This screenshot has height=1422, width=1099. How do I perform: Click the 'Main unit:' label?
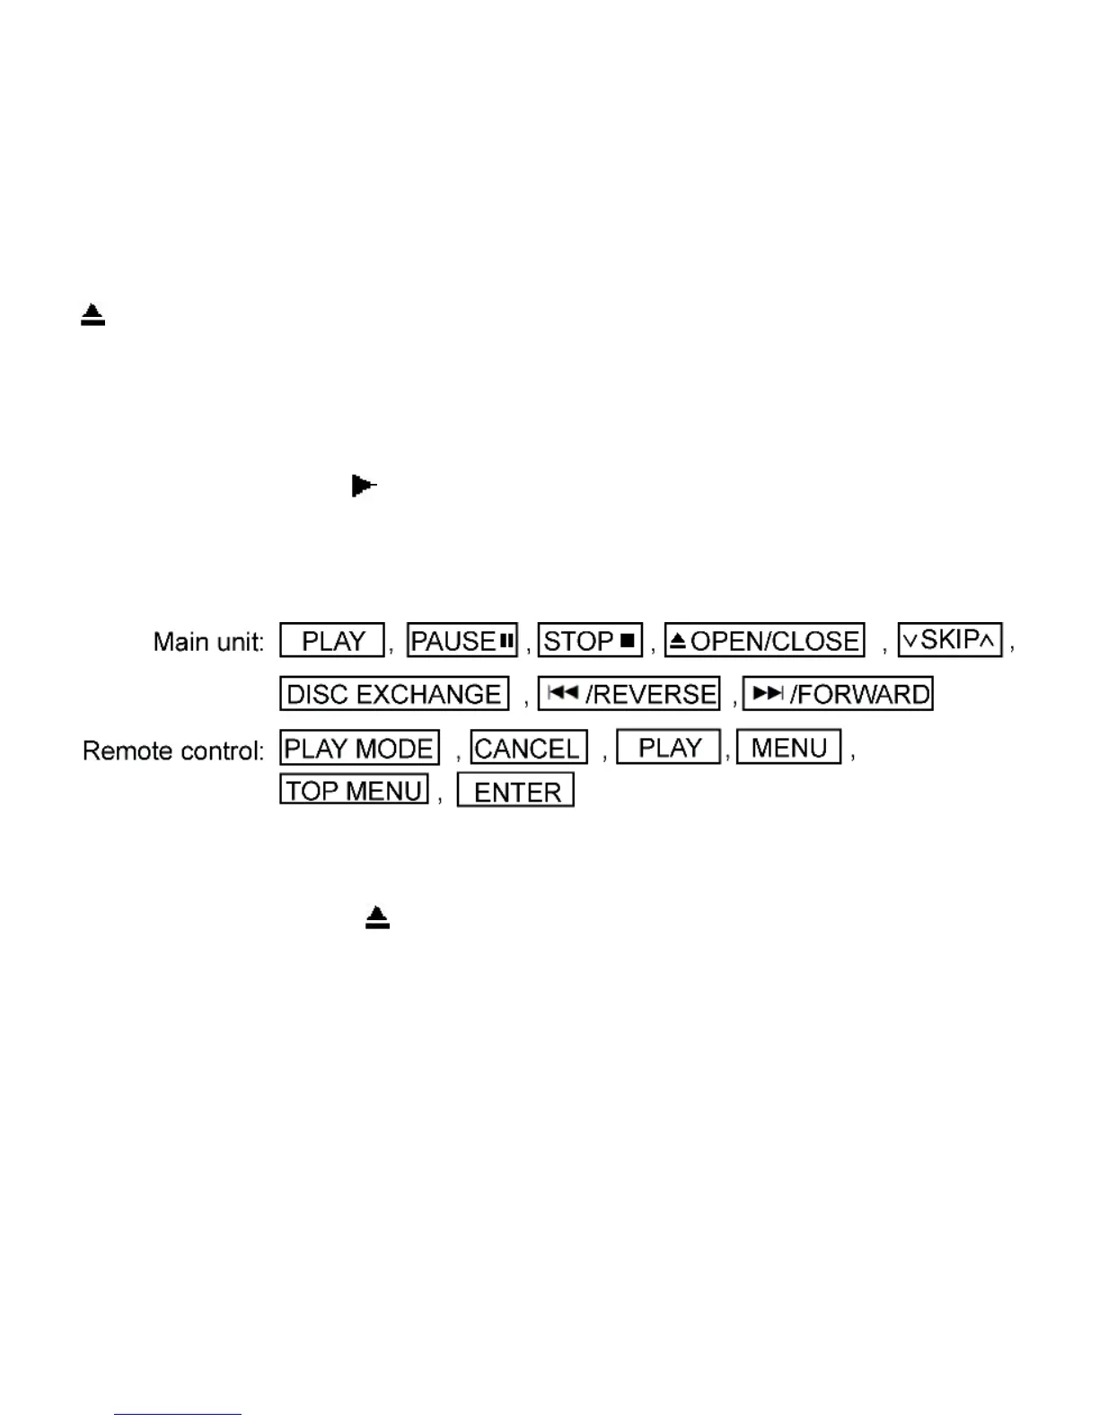coord(208,642)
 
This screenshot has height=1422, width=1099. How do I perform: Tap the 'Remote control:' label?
coord(172,750)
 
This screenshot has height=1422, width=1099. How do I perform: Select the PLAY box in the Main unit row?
coord(332,641)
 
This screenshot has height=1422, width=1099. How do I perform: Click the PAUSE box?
coord(462,641)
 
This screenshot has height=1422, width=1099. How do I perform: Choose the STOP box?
coord(590,641)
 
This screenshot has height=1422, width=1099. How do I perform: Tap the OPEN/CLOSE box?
coord(764,641)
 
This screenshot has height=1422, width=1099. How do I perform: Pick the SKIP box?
coord(950,640)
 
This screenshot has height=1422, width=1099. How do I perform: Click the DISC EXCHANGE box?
coord(394,694)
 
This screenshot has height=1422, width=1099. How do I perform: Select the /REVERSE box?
coord(629,694)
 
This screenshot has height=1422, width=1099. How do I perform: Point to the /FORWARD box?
coord(838,694)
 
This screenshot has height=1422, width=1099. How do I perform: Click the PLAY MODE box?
coord(359,748)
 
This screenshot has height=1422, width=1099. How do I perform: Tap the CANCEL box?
coord(529,748)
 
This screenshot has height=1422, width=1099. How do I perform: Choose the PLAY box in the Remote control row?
coord(669,747)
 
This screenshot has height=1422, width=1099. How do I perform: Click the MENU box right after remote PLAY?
coord(788,747)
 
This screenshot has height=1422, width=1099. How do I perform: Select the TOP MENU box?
coord(354,790)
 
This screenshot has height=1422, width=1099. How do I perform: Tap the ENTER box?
coord(515,791)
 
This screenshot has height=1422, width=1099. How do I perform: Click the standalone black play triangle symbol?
coord(363,487)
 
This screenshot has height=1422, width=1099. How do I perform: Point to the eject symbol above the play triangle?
coord(92,315)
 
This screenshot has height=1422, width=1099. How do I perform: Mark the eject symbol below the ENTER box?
coord(377,917)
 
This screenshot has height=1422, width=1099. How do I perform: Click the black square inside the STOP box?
coord(627,641)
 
